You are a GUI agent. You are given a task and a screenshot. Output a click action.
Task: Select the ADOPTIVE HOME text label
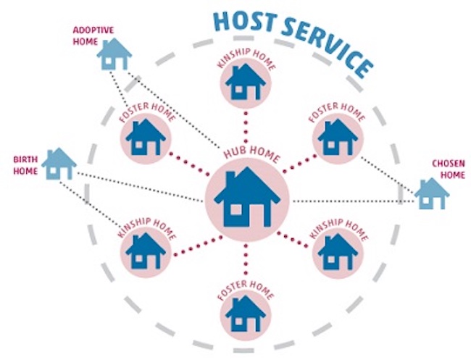[93, 35]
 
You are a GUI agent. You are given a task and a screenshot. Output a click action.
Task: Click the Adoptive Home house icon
[114, 54]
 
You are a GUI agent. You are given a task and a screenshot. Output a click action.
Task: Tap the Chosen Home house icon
[432, 193]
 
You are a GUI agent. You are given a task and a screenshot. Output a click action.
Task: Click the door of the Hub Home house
[258, 215]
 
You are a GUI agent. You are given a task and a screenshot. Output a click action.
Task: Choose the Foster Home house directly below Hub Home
[245, 314]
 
